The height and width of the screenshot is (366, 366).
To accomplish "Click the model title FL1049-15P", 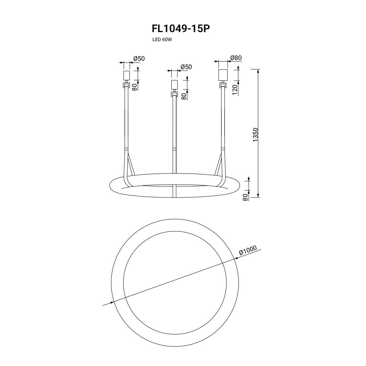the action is pos(181,29).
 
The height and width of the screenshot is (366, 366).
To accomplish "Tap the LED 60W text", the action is pos(162,40).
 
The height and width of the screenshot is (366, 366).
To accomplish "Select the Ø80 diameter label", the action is pos(236,58).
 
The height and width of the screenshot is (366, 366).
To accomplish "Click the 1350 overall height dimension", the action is pos(255,135).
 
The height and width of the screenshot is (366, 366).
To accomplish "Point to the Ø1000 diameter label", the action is pos(248,250).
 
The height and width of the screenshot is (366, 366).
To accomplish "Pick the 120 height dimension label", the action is pos(235,90).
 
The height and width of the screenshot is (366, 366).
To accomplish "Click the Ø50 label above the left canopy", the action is pos(139,58).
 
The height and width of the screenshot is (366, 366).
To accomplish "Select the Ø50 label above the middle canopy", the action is pos(186,67).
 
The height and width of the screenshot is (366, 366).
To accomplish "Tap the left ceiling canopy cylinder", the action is pos(126,75).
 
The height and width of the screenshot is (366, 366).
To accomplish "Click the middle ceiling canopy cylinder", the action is pos(174,85).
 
